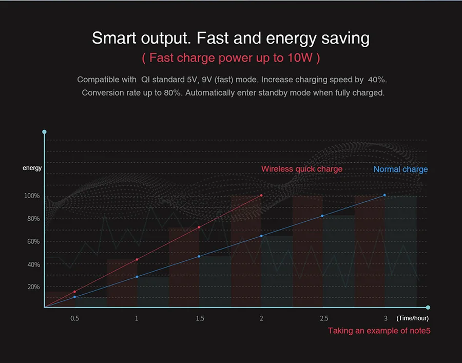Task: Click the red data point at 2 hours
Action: point(262,196)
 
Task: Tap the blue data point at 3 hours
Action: point(384,195)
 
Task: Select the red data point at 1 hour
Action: point(137,260)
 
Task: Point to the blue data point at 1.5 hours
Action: point(199,256)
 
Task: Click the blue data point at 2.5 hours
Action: point(322,216)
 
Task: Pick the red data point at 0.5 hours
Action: point(74,292)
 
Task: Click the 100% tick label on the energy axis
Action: point(31,196)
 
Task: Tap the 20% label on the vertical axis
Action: point(33,286)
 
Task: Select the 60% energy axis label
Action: point(33,241)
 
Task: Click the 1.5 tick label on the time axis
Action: point(200,318)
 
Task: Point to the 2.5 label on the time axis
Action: point(323,318)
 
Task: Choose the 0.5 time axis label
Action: point(74,318)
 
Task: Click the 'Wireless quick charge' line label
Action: point(301,169)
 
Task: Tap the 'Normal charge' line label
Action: point(400,169)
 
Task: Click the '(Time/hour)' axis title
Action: point(412,318)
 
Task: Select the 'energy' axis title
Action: point(32,168)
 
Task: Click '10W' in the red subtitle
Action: point(300,58)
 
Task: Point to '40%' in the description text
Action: point(377,80)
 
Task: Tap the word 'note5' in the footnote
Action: point(419,331)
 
